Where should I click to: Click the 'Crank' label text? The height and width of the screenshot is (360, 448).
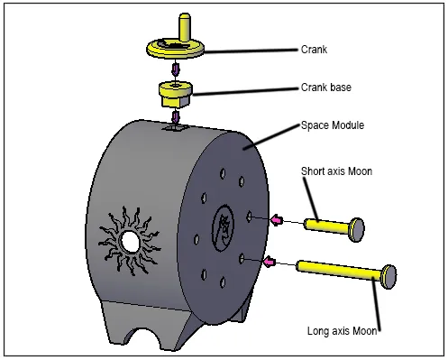click(314, 50)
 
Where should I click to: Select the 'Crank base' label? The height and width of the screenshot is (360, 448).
click(326, 88)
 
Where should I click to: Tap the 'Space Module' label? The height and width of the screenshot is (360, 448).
click(333, 125)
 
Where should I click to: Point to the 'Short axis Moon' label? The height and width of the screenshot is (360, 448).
click(336, 171)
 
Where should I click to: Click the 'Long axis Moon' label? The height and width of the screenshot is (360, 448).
click(342, 331)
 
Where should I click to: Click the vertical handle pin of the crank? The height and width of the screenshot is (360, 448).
click(185, 26)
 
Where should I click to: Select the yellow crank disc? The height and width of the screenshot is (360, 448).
click(176, 49)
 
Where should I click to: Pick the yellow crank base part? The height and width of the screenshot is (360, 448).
click(176, 94)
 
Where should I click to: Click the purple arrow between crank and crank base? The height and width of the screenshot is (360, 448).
click(175, 69)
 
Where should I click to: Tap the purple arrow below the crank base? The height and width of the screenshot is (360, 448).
click(175, 117)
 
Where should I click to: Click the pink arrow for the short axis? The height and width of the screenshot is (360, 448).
click(276, 220)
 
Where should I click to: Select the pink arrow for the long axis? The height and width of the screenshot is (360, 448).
click(269, 262)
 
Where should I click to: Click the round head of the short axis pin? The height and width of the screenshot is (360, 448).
click(357, 229)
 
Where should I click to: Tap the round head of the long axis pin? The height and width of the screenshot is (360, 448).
click(389, 277)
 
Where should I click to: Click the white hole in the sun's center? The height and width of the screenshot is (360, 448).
click(130, 241)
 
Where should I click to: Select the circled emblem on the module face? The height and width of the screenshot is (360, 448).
click(223, 228)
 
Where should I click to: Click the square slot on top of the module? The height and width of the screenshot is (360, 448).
click(175, 128)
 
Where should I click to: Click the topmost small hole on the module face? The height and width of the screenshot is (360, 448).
click(223, 174)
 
